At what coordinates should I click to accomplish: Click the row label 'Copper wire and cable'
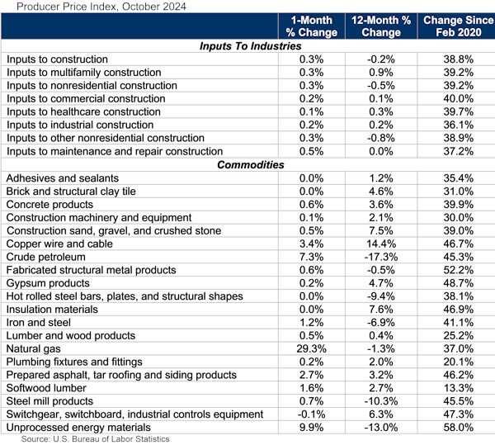[x=61, y=244]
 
